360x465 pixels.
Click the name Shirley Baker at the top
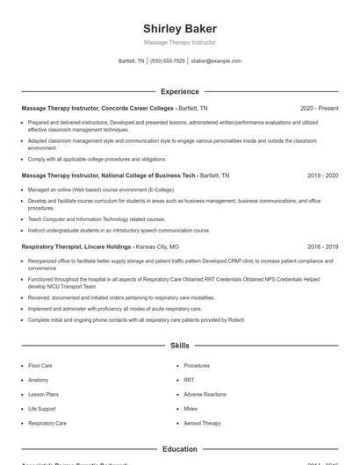click(x=179, y=28)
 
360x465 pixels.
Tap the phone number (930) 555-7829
click(x=167, y=61)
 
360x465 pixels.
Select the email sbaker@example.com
click(x=216, y=61)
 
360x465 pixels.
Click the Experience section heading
click(x=179, y=91)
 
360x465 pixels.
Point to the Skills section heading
click(x=179, y=347)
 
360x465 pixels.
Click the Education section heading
click(x=179, y=449)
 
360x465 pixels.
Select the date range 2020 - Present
click(x=319, y=108)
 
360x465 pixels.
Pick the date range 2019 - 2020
click(x=322, y=175)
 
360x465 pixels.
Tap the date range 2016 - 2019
click(x=322, y=247)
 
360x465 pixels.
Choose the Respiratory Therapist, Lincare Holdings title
click(x=77, y=247)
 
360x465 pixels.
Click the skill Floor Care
click(x=40, y=365)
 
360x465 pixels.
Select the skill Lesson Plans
click(x=43, y=394)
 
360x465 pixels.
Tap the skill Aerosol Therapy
click(x=203, y=423)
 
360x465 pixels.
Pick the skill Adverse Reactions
click(x=205, y=394)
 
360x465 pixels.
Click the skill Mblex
click(x=191, y=409)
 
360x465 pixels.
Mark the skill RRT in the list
click(x=189, y=380)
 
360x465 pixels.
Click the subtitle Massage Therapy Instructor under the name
click(x=179, y=42)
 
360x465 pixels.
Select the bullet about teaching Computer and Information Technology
click(x=97, y=218)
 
